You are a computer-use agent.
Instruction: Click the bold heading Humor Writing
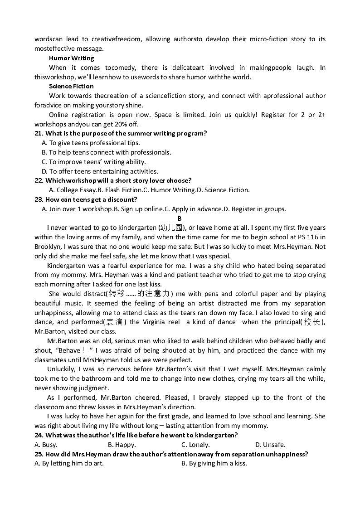click(x=71, y=58)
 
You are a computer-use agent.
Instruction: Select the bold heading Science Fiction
click(x=71, y=86)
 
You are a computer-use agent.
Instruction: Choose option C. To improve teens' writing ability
click(x=93, y=162)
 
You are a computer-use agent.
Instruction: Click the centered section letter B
click(x=180, y=218)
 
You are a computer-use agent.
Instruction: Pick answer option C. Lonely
click(x=195, y=445)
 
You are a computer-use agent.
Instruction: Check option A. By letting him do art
click(x=69, y=463)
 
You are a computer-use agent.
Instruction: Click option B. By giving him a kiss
click(x=214, y=463)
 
